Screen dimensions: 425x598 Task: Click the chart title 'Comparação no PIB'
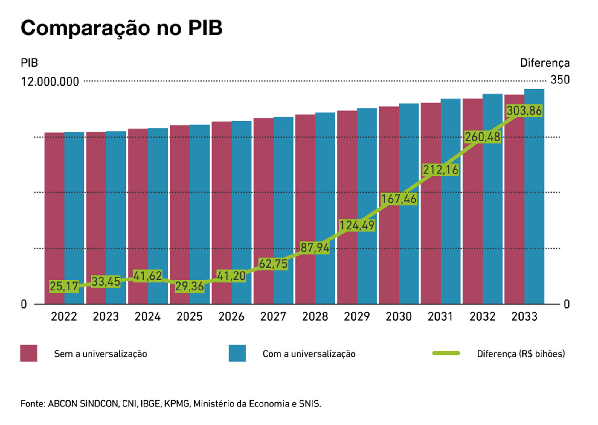[121, 28]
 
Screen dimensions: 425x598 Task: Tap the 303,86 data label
[524, 111]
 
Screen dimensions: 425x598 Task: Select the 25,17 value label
[64, 286]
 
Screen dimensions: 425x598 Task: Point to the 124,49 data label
[357, 225]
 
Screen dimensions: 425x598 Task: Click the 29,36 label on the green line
[189, 286]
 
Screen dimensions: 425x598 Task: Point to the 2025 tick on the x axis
[189, 316]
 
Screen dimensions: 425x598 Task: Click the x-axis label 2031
[440, 316]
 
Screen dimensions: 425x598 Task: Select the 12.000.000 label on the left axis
[50, 82]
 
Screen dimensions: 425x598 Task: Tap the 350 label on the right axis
[560, 80]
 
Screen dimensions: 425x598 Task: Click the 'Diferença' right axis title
[545, 63]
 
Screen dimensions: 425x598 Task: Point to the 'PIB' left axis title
[29, 63]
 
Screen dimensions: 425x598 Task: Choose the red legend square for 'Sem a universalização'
[29, 353]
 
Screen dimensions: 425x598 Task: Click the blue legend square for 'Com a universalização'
[237, 353]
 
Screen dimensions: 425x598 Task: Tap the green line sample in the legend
[446, 353]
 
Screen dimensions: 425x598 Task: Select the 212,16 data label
[440, 170]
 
